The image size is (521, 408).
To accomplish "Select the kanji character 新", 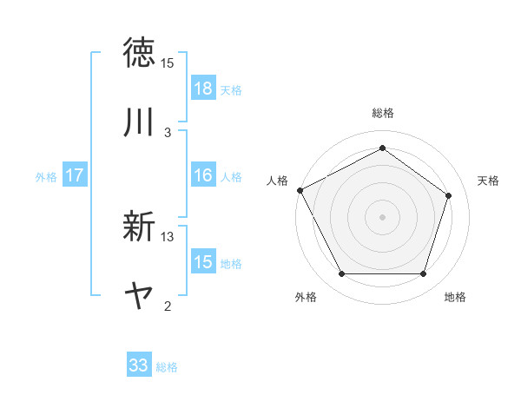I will [x=139, y=227].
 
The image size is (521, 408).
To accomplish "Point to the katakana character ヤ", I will [x=139, y=297].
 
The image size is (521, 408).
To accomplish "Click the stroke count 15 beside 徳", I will [x=168, y=63].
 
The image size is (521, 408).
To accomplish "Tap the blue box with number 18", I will [x=203, y=88].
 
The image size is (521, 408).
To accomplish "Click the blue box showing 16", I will [x=203, y=175].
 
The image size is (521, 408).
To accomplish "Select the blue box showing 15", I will [x=203, y=262].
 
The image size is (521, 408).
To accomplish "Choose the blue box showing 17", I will [x=75, y=175].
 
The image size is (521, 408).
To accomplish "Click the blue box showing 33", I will [x=139, y=365].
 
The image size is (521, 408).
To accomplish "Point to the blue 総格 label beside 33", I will [x=167, y=367].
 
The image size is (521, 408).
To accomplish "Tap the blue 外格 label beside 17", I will [x=46, y=176].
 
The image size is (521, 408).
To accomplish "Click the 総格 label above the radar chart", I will [x=383, y=113].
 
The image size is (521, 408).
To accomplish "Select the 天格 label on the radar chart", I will [x=489, y=181].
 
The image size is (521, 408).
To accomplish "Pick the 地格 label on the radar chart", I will [x=455, y=297].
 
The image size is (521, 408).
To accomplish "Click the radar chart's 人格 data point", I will [x=300, y=190].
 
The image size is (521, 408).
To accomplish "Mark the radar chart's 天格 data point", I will [x=449, y=195].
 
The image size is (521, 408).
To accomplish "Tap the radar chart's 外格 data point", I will [x=341, y=274].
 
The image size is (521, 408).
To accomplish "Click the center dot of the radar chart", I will [x=383, y=217].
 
